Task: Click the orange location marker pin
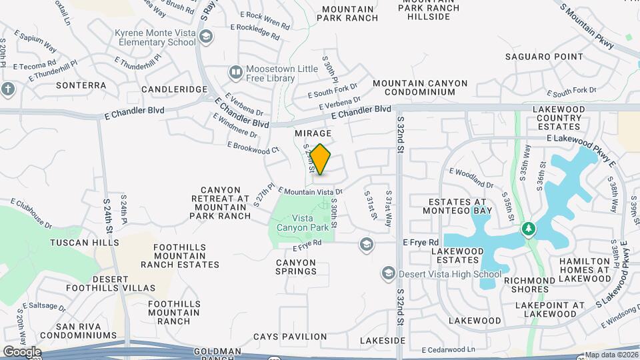point(321,159)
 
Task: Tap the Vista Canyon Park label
point(303,222)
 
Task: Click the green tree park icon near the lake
point(529,229)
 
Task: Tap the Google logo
point(21,351)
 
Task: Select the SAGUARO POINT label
point(544,57)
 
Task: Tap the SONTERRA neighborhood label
point(81,85)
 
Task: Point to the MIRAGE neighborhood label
point(313,134)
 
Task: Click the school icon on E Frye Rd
point(365,245)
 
